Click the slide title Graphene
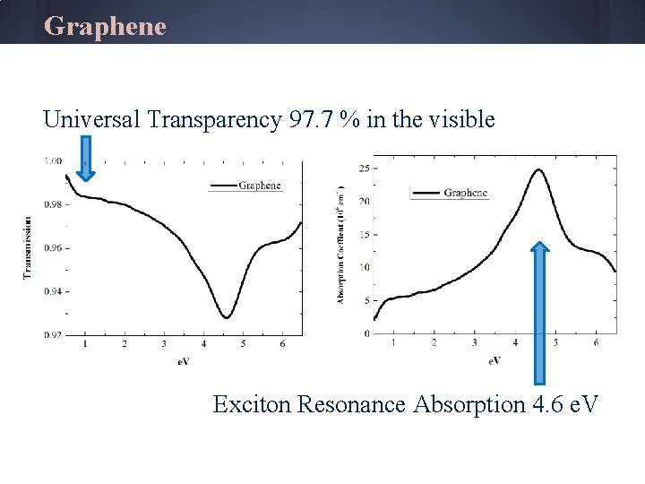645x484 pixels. tap(105, 26)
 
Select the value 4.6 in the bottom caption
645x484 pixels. tap(547, 404)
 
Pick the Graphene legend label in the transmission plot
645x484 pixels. tap(260, 186)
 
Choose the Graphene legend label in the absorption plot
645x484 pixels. tap(465, 193)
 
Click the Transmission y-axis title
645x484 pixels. tap(27, 246)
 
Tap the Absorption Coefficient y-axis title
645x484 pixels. tap(341, 245)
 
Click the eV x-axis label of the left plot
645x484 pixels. tap(183, 361)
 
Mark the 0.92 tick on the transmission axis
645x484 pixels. tap(53, 334)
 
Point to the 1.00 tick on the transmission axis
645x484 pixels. tap(53, 161)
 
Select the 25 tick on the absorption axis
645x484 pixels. tap(364, 168)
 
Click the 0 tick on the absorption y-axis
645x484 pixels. tap(366, 333)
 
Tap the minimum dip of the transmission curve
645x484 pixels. tap(227, 317)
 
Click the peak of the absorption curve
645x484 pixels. tap(538, 170)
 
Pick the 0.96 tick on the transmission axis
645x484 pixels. tap(53, 248)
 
